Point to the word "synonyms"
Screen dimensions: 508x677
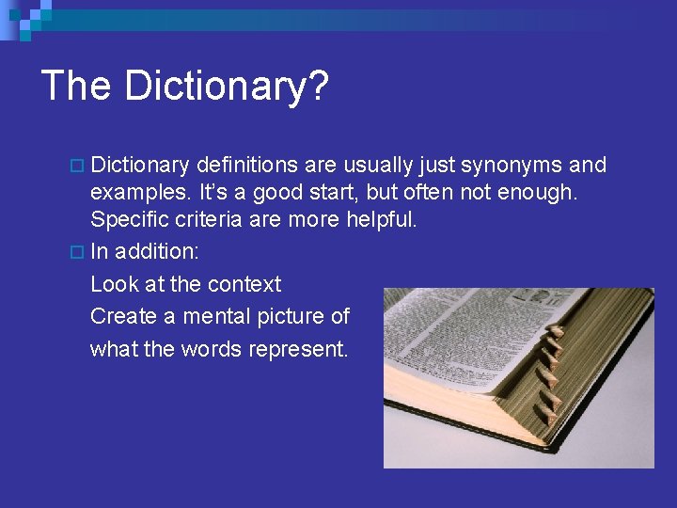tap(516, 167)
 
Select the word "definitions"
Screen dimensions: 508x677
tap(247, 166)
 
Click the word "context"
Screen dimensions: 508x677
tap(244, 284)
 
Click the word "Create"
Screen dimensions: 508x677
tap(119, 316)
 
